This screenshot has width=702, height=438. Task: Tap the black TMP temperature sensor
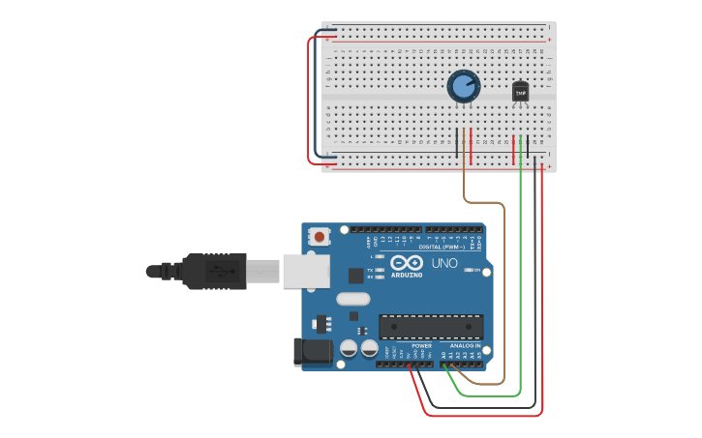521,92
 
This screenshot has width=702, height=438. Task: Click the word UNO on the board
444,263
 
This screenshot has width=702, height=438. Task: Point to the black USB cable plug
207,271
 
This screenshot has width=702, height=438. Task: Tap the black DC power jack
312,352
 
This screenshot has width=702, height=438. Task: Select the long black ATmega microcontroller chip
431,327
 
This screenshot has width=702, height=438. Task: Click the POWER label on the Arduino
421,345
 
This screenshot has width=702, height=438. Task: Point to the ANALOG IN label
465,345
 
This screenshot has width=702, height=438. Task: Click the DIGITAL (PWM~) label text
444,247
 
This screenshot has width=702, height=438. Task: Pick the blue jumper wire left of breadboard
317,97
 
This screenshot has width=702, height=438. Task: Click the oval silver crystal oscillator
353,300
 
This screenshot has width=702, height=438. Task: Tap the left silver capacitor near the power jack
350,348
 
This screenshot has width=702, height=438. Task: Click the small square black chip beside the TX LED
354,275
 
